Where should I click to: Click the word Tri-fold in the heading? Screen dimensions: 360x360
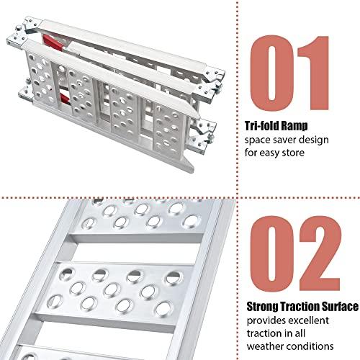point(261,126)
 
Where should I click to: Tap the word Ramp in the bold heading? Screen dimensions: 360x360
point(294,126)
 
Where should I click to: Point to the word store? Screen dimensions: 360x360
point(293,153)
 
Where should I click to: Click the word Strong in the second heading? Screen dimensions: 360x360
point(262,307)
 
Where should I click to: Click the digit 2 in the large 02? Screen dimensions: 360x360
point(320,253)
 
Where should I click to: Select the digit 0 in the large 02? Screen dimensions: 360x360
point(272,253)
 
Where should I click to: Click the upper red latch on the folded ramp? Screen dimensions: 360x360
point(53,42)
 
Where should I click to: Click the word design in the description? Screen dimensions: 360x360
point(315,140)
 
